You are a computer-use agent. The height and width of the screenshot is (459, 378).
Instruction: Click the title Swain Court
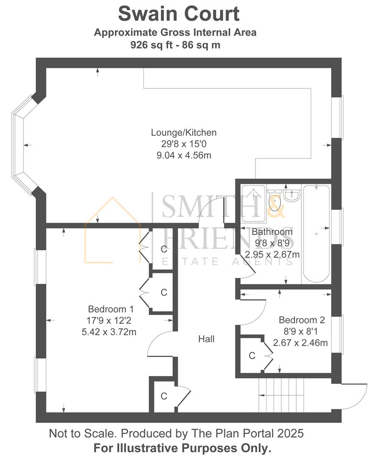tap(179, 14)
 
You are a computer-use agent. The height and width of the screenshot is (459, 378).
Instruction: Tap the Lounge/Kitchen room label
tap(184, 133)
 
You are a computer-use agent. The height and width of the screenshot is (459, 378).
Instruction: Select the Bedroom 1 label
tap(111, 309)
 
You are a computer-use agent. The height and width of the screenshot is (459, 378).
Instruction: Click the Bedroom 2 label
tap(302, 320)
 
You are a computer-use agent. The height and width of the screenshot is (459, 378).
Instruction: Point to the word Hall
tap(206, 339)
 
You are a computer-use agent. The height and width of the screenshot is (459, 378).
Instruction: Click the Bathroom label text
tap(272, 232)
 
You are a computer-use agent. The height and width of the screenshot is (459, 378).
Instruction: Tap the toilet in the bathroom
tap(275, 200)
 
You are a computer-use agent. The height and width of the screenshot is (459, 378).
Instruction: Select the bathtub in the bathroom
tap(316, 234)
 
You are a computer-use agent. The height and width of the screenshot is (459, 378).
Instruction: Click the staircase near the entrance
tap(281, 395)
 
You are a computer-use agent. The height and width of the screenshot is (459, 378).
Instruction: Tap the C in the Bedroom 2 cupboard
tap(252, 356)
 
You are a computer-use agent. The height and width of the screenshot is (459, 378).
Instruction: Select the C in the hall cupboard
tap(164, 396)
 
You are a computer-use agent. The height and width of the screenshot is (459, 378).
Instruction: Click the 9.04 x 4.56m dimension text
tap(184, 156)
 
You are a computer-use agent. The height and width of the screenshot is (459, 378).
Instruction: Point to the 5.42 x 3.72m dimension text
tap(109, 332)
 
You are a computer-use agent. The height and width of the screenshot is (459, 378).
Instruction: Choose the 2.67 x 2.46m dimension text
tap(300, 343)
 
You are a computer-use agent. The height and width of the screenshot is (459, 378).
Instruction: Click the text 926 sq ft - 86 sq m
tap(175, 45)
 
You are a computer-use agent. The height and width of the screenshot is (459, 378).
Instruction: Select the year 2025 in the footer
tap(290, 433)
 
